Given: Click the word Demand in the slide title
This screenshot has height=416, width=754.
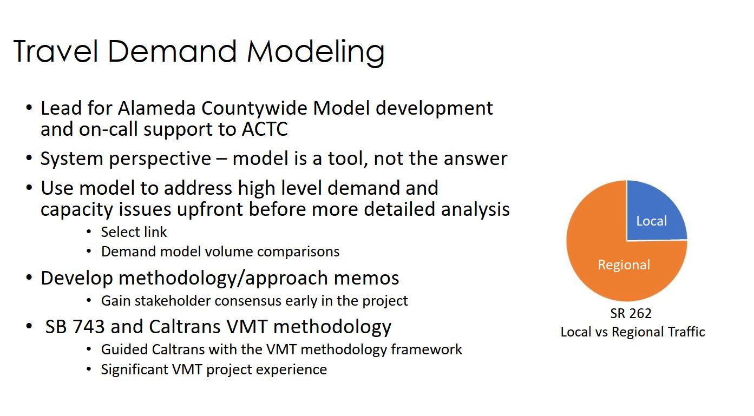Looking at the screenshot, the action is (172, 51).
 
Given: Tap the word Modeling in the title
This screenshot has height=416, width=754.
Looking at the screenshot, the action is (316, 53).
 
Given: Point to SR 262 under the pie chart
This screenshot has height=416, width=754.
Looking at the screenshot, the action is (631, 313).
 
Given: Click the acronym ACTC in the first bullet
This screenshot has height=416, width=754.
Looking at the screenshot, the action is (265, 129).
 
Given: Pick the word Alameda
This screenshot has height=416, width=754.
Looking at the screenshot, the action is (156, 108).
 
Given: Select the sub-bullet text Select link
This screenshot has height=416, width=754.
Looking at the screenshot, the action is (134, 232).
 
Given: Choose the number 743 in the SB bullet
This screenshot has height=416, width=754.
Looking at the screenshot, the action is (89, 327).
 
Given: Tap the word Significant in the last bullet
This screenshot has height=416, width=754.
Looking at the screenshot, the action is (134, 369).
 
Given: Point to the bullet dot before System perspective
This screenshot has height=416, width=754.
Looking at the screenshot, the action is (29, 157).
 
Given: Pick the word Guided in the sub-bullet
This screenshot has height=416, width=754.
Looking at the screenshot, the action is (124, 349).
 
